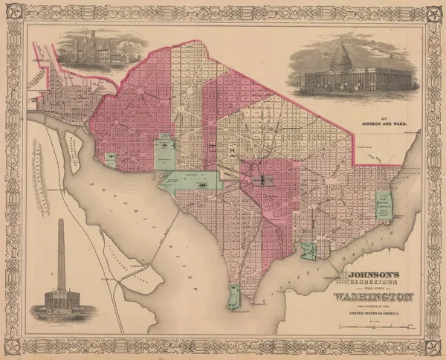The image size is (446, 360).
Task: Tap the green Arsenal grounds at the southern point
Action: click(x=234, y=298)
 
